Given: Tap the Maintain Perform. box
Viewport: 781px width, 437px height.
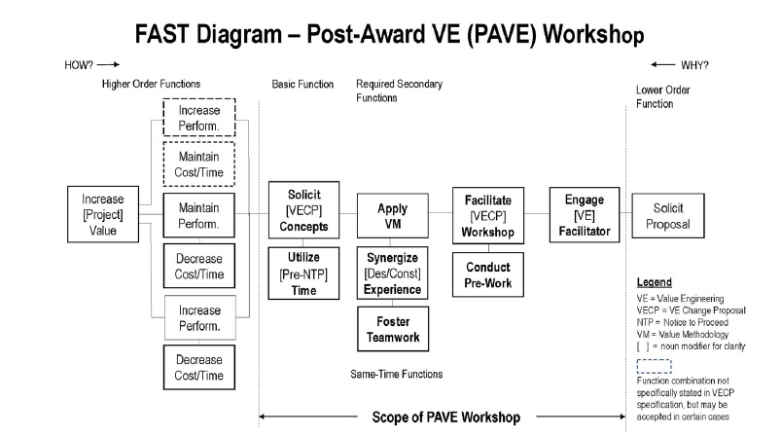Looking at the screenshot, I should coord(199,214).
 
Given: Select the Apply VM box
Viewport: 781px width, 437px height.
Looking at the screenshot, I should coord(393,215).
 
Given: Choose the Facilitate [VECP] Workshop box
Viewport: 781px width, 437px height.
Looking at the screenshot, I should coord(488,214).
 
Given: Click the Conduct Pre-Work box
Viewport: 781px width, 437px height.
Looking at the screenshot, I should coord(488,276).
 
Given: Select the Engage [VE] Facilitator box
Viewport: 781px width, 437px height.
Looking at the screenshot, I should coord(584,215).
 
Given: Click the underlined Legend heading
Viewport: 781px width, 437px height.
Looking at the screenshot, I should coord(654,281).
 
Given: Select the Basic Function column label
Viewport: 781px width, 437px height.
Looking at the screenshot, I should coord(302,85).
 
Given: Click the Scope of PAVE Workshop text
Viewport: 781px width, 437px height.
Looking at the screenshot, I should coord(445,417).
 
